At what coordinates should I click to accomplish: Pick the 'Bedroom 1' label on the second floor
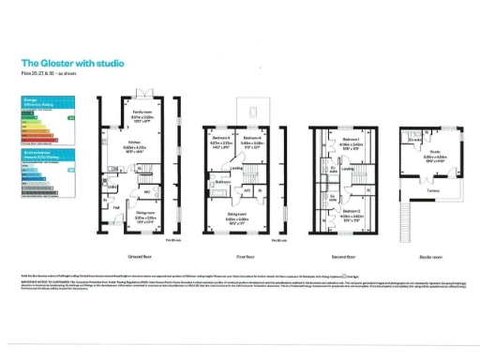point(350,139)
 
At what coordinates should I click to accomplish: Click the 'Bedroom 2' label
point(350,212)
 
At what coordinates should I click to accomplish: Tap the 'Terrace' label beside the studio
point(433,191)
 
